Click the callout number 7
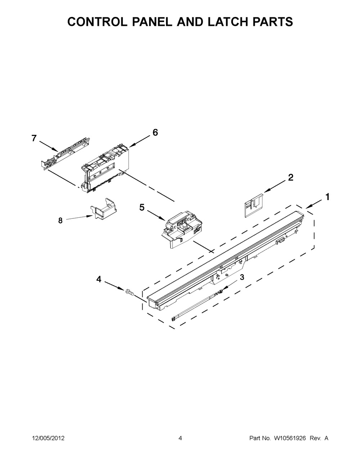click(34, 138)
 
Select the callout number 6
click(155, 132)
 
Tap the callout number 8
click(60, 221)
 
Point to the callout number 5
click(142, 207)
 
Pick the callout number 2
click(290, 177)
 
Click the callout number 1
click(327, 197)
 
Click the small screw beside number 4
click(129, 293)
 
